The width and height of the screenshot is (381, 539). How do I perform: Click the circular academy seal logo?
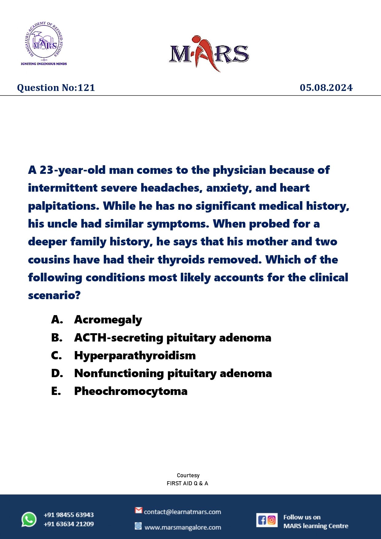pyautogui.click(x=44, y=41)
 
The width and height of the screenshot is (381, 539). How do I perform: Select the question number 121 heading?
pyautogui.click(x=56, y=88)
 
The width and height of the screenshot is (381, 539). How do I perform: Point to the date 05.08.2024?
pyautogui.click(x=326, y=88)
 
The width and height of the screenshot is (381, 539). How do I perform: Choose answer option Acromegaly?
pyautogui.click(x=108, y=320)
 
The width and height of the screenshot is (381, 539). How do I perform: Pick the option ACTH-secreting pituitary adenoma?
pyautogui.click(x=173, y=338)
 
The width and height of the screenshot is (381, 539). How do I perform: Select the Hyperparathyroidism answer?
pyautogui.click(x=135, y=355)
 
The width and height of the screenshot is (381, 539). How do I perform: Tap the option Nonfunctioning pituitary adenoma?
pyautogui.click(x=173, y=373)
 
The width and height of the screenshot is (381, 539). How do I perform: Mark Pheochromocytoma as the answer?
pyautogui.click(x=131, y=391)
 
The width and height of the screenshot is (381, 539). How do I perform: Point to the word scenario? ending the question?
pyautogui.click(x=54, y=295)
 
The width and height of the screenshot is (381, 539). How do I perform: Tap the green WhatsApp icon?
pyautogui.click(x=29, y=519)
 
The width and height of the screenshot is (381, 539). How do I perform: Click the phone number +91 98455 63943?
pyautogui.click(x=69, y=515)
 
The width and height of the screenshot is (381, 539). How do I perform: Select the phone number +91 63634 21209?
pyautogui.click(x=69, y=524)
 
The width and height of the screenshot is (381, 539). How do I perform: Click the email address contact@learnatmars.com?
pyautogui.click(x=182, y=512)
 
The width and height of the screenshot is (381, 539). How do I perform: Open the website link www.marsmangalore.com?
pyautogui.click(x=183, y=527)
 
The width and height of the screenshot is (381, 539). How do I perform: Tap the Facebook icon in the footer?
pyautogui.click(x=262, y=520)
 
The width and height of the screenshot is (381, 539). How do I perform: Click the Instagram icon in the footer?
pyautogui.click(x=272, y=520)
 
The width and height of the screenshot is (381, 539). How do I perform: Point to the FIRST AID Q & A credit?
pyautogui.click(x=187, y=483)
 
